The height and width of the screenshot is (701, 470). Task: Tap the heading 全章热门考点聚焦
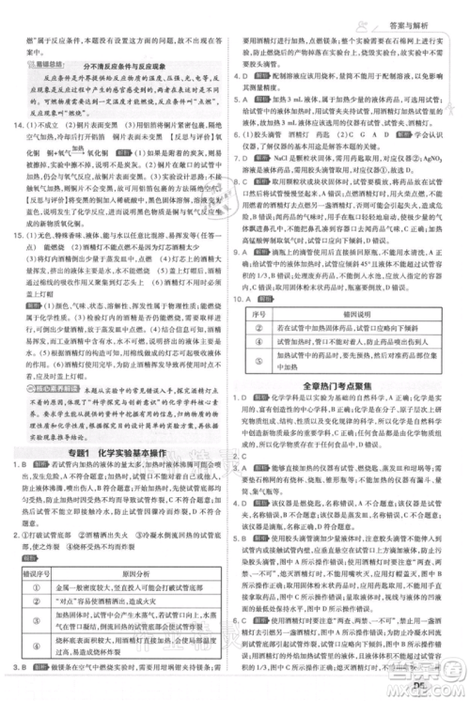pyautogui.click(x=341, y=384)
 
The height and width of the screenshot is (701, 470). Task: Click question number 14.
pyautogui.click(x=13, y=125)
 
